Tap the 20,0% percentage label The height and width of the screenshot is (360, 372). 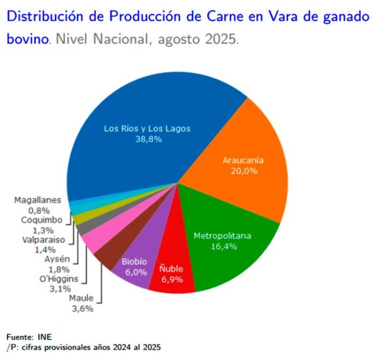tap(244, 171)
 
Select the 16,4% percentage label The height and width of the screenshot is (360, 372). tap(222, 246)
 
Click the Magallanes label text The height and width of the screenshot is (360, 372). tap(37, 200)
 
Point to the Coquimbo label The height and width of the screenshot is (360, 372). tap(42, 220)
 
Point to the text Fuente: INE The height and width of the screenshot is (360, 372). tap(29, 337)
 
